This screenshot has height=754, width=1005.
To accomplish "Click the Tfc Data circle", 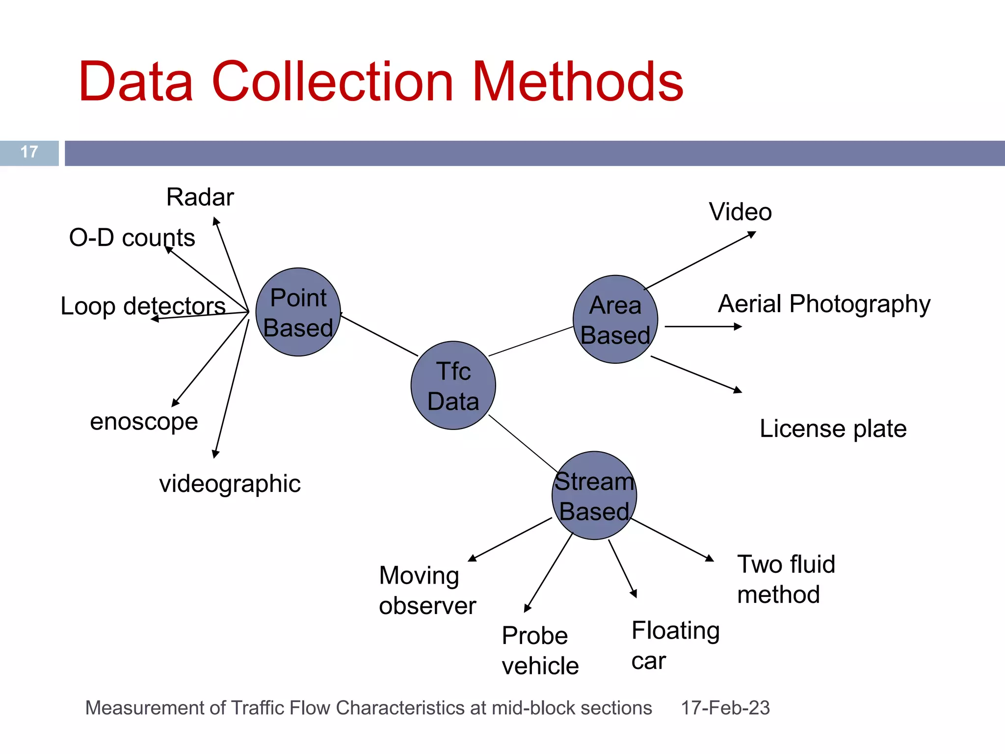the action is [x=453, y=385].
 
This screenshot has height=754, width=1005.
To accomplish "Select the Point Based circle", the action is [x=298, y=312].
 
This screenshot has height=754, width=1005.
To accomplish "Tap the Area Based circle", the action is [x=615, y=320].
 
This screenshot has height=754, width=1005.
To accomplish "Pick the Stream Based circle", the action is [x=594, y=496].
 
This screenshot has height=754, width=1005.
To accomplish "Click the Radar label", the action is [x=200, y=197].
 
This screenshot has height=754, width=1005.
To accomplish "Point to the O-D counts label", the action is [x=132, y=238].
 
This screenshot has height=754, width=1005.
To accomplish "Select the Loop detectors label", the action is [x=143, y=306].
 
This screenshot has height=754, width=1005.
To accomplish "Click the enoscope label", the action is [x=144, y=422].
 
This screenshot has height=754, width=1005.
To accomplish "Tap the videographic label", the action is [x=230, y=484].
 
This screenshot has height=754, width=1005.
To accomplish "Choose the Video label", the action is [x=740, y=212].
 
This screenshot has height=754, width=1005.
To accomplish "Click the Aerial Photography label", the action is [x=824, y=304].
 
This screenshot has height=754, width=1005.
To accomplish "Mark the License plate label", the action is [x=833, y=429].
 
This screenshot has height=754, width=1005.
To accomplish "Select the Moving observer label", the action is [x=427, y=591].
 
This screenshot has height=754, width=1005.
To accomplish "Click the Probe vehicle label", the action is [x=540, y=651].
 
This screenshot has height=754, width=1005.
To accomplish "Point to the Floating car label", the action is [x=675, y=646].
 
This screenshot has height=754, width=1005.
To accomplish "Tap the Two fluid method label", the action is [x=786, y=579].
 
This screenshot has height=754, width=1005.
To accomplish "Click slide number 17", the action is [x=29, y=152].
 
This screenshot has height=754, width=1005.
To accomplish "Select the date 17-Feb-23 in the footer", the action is [x=725, y=708].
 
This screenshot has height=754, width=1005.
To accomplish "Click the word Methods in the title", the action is [x=578, y=82].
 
